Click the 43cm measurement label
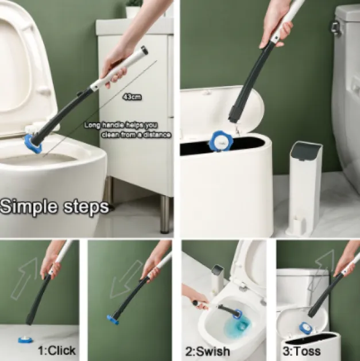tap(132, 97)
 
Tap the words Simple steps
tap(55, 207)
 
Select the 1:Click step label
tap(57, 351)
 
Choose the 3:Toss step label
tap(301, 351)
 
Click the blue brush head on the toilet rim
tap(33, 144)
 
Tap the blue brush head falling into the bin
tap(220, 141)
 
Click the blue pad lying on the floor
tap(25, 340)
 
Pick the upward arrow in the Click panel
tap(24, 278)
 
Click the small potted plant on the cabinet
tap(134, 9)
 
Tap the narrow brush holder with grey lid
tap(304, 188)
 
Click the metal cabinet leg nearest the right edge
tap(165, 214)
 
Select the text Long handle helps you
tap(121, 125)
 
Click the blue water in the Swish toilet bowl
tap(237, 327)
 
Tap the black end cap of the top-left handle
tap(144, 50)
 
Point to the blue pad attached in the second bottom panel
tap(113, 319)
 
